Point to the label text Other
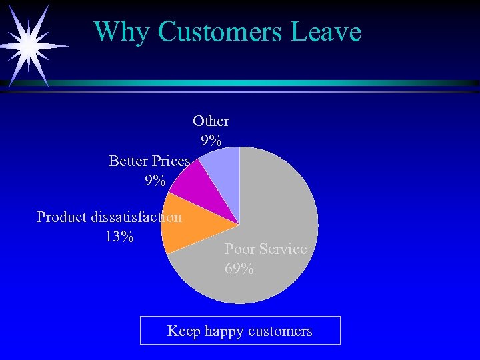tap(211, 121)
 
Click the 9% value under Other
tap(211, 141)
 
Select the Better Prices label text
tap(149, 161)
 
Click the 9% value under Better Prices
tap(155, 181)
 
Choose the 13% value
tap(119, 237)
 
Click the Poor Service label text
tap(265, 249)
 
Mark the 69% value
tap(239, 269)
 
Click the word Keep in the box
tap(183, 331)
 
